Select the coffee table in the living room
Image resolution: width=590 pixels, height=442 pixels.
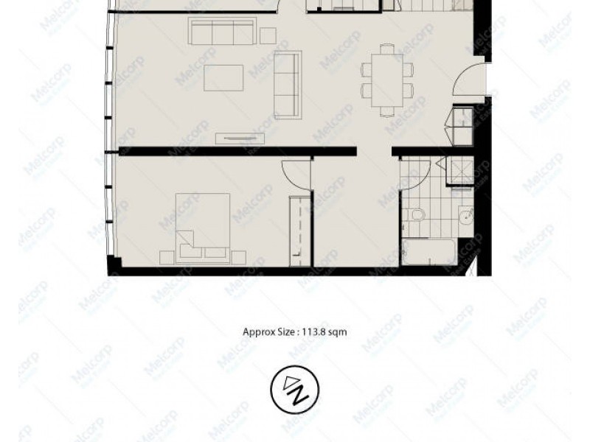tap(223, 77)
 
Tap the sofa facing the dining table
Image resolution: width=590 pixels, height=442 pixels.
tap(288, 83)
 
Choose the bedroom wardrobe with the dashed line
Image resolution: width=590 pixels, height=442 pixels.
tap(300, 230)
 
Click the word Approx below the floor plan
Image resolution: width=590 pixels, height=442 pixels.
tap(258, 331)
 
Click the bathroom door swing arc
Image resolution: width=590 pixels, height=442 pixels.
tap(410, 173)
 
